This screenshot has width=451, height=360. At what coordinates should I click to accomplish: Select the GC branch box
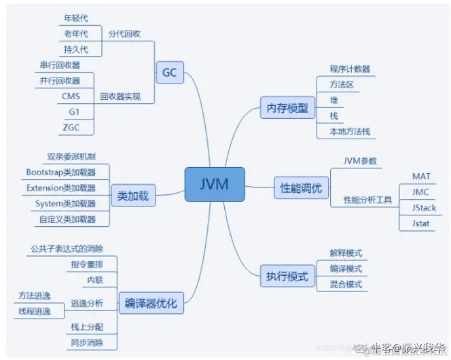pos(170,71)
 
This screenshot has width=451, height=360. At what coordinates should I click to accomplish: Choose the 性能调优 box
pos(301,187)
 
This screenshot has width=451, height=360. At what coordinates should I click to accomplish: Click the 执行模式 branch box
pos(287,276)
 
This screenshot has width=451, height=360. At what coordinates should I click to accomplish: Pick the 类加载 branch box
pos(132,196)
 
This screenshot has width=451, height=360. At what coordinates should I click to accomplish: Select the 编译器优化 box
pos(151,303)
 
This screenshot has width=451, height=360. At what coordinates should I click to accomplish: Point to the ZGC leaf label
pos(71,127)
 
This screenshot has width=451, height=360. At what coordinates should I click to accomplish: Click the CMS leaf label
pos(71,96)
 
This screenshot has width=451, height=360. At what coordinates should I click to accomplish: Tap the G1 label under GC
pos(73,111)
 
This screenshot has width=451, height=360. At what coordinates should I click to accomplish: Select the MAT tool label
pos(421,177)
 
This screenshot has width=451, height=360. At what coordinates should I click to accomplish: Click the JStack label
pos(424,207)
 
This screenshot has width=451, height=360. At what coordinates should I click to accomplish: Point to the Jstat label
pos(421,223)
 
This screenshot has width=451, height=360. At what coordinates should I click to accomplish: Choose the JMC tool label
pos(421,192)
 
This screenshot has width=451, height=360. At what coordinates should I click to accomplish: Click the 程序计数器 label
pos(350,69)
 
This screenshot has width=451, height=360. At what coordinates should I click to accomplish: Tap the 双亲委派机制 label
pos(67,156)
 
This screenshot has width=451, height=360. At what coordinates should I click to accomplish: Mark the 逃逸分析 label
pos(88,303)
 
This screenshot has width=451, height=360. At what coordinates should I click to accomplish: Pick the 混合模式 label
pos(346,284)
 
